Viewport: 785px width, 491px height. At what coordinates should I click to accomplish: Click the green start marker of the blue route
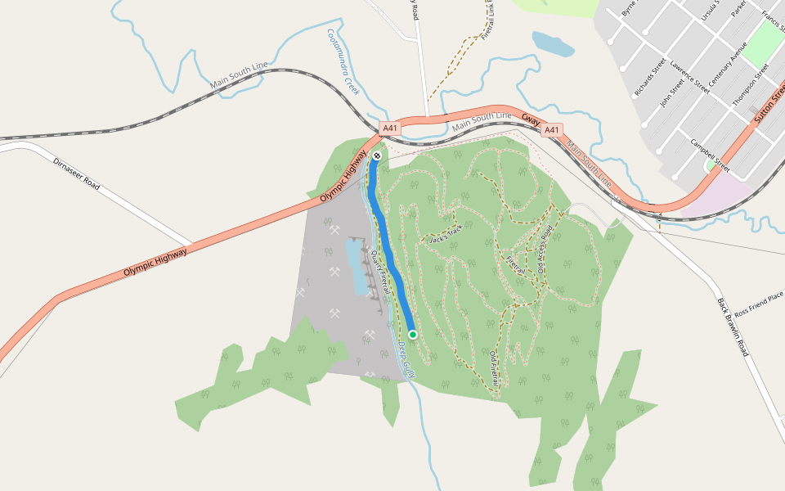[413, 334]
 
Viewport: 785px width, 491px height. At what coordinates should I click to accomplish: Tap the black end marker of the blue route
[377, 155]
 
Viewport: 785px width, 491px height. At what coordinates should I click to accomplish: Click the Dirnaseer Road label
[76, 174]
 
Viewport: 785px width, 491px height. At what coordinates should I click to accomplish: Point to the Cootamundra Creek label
[343, 62]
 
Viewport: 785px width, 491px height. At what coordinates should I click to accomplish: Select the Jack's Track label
[446, 234]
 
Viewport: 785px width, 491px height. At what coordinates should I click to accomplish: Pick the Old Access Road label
[545, 249]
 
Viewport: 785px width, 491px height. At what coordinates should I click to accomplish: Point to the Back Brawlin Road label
[733, 327]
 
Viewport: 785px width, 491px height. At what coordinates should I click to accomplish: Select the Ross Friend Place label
[759, 304]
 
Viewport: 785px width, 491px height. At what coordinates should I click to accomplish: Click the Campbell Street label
[709, 153]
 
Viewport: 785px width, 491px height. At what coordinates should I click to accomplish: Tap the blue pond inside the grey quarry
[357, 265]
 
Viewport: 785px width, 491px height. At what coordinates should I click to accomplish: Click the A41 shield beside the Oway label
[553, 129]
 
